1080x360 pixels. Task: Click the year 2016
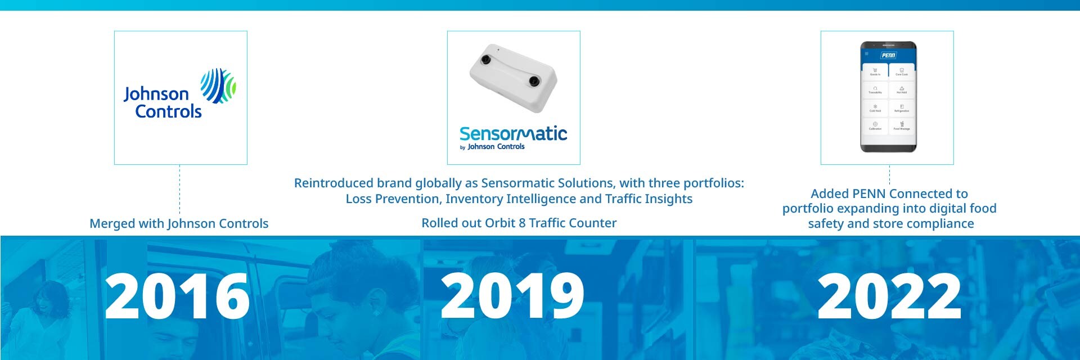(x=177, y=296)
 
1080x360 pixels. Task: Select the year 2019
(x=512, y=296)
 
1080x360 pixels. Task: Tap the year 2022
(x=889, y=296)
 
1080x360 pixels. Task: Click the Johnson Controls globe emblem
(x=218, y=85)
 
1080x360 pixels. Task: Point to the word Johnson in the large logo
(x=156, y=94)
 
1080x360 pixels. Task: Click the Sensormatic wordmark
(x=513, y=134)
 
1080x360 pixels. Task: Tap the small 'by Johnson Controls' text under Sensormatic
(x=493, y=147)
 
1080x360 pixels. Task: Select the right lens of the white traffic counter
(x=534, y=82)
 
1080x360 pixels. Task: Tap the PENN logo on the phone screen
(x=888, y=55)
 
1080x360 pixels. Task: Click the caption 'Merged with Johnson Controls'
(x=179, y=223)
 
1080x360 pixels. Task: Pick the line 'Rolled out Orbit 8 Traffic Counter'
(x=519, y=223)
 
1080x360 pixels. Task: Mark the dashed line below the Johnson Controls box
(x=179, y=188)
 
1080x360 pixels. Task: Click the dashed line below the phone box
(x=889, y=175)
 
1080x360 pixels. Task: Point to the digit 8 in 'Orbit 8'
(x=522, y=223)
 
